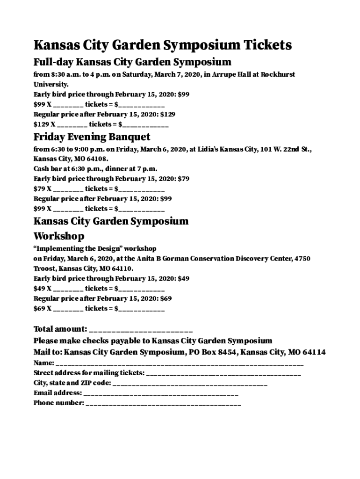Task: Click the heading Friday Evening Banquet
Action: pos(92,137)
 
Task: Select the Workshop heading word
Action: pos(59,236)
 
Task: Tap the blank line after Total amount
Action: pos(140,329)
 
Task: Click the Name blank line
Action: pos(180,363)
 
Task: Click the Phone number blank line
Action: pos(163,403)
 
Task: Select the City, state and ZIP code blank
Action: pos(190,384)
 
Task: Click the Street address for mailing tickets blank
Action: pos(223,373)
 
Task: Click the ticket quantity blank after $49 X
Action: pos(68,289)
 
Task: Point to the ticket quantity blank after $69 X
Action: pos(68,309)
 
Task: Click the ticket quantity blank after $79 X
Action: pos(68,189)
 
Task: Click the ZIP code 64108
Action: pos(97,159)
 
